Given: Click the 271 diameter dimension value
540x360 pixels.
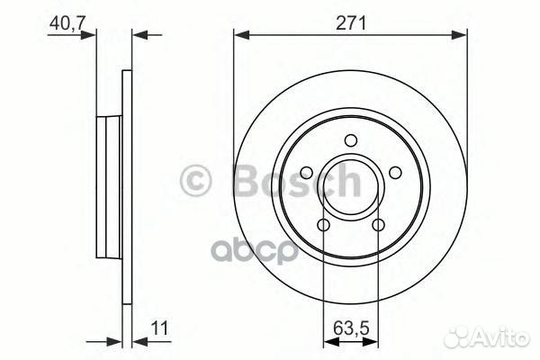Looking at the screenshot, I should [x=350, y=23].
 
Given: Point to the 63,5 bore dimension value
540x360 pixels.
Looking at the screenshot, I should [x=350, y=328].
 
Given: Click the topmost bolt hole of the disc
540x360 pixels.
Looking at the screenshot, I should [x=350, y=139].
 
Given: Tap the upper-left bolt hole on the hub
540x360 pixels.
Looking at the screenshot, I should [x=306, y=172].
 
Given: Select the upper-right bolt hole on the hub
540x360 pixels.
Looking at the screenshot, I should [x=394, y=172].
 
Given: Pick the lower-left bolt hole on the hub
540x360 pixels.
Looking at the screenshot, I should [x=323, y=224].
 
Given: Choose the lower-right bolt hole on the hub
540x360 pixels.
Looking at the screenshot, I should [x=378, y=224].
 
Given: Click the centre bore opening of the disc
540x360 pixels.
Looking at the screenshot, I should [x=350, y=186].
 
